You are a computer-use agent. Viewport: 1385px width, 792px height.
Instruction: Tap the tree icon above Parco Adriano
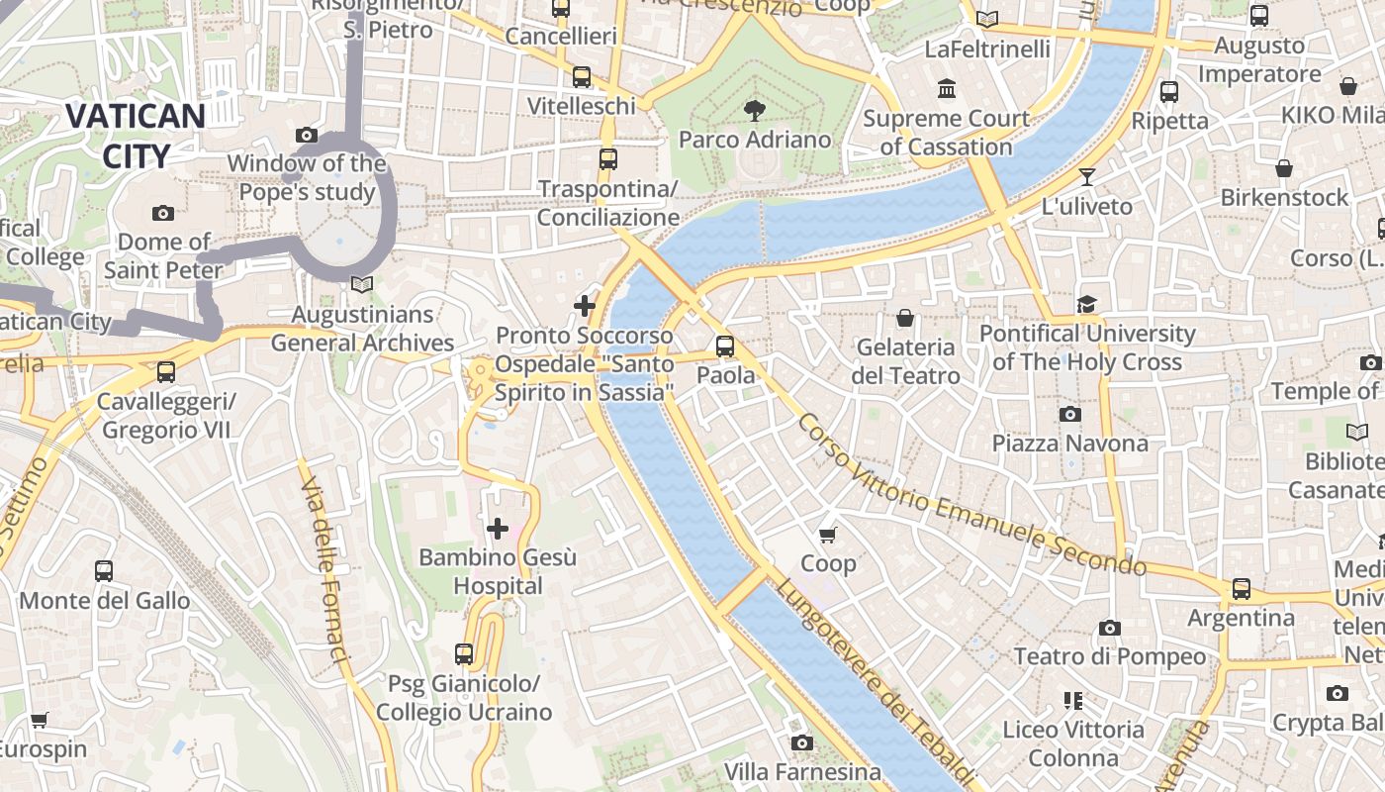click(x=755, y=110)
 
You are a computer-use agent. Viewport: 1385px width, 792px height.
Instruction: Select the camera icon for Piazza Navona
click(x=1069, y=414)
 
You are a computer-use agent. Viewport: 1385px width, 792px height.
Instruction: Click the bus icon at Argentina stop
click(x=1241, y=589)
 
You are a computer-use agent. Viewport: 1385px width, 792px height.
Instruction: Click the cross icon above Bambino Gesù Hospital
click(x=498, y=529)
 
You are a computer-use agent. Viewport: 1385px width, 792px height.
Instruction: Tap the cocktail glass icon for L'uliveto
click(x=1087, y=177)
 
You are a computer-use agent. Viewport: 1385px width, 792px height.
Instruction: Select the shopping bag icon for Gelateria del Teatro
click(x=904, y=318)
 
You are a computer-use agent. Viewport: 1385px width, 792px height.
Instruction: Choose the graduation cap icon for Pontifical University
click(x=1086, y=304)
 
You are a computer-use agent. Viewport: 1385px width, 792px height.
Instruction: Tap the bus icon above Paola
click(x=725, y=346)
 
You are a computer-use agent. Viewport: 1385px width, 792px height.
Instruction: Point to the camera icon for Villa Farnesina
click(x=801, y=742)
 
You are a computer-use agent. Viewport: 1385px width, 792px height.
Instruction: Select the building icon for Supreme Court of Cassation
click(x=947, y=89)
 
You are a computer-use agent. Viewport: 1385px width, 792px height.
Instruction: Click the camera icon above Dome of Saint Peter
click(x=163, y=213)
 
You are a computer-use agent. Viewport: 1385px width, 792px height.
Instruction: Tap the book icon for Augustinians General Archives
click(x=362, y=285)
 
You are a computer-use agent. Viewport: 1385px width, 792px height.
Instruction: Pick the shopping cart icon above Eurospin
click(x=39, y=720)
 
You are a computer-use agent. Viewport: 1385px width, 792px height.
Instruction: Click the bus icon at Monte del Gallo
click(x=104, y=571)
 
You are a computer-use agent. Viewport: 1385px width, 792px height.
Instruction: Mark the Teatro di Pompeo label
click(x=1109, y=656)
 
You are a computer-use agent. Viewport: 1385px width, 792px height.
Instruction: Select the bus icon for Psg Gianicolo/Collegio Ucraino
click(x=463, y=653)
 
